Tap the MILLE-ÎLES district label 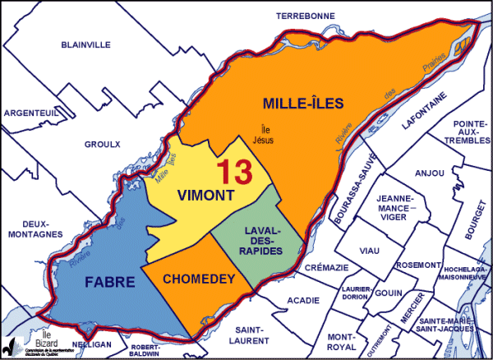point(302,104)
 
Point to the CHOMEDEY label point(196,279)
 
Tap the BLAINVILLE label point(86,45)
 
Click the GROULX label point(102,145)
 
